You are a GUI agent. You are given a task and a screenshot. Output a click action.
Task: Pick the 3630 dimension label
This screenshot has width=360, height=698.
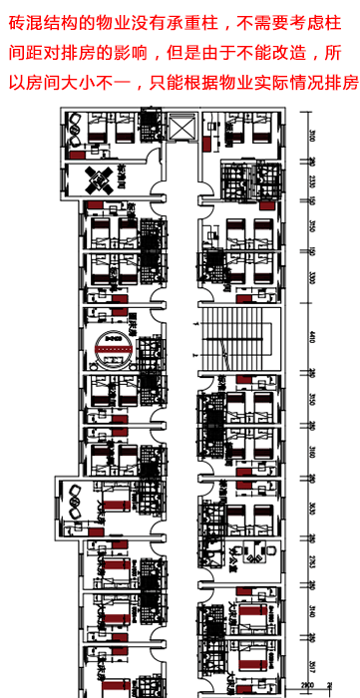tap(312, 505)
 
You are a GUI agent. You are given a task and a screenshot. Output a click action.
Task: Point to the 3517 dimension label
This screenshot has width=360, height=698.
tap(312, 664)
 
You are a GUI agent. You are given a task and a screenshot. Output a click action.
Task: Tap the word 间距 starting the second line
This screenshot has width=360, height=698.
tap(20, 49)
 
